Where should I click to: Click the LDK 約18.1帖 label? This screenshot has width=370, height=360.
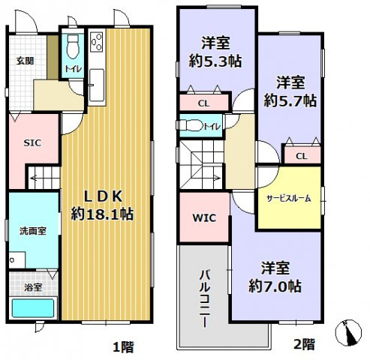(103, 204)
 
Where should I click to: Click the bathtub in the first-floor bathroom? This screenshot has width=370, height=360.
(33, 308)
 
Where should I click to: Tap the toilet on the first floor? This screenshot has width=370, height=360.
(72, 49)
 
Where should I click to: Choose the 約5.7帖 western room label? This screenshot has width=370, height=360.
(289, 90)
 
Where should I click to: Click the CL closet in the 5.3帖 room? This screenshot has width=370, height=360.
(204, 103)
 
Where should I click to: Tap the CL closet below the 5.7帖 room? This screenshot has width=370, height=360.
(300, 156)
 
